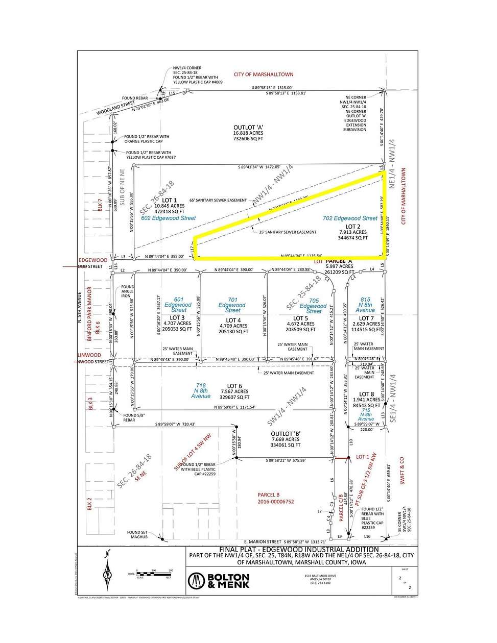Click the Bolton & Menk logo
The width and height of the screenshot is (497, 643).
[x=219, y=580]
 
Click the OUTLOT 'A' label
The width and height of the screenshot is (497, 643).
[x=248, y=127]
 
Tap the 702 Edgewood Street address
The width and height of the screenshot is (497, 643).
[x=350, y=218]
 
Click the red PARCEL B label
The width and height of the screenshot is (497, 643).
[x=269, y=494]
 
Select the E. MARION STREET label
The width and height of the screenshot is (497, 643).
[x=263, y=541]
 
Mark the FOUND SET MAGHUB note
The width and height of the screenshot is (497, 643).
[x=137, y=534]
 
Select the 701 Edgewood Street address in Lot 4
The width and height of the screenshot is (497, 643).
[x=232, y=305]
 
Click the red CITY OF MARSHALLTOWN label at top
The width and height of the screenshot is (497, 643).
[x=264, y=75]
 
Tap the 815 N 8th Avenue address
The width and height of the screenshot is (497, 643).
[x=365, y=305]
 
